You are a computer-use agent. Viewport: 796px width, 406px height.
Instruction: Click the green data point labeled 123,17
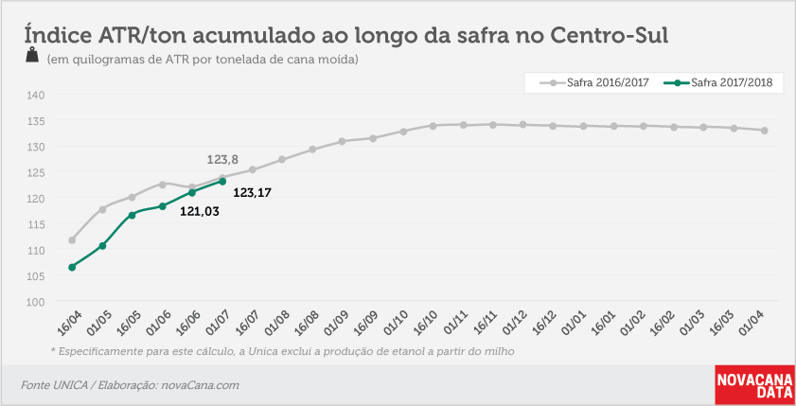[x=222, y=181]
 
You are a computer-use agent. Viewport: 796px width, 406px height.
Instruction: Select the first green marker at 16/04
[x=72, y=267]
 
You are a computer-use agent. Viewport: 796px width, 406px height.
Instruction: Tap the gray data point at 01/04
[x=764, y=131]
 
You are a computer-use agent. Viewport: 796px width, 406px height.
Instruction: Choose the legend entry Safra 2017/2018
[x=718, y=82]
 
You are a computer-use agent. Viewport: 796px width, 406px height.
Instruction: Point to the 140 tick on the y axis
[x=36, y=95]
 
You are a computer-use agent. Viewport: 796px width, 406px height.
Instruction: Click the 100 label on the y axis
[x=36, y=302]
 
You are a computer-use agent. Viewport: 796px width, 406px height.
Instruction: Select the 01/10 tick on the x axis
[x=396, y=323]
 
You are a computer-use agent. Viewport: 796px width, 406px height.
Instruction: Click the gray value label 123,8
[x=222, y=160]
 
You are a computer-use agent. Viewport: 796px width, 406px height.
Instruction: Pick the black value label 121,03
[x=200, y=211]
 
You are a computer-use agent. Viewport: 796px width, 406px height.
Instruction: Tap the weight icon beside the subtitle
[x=32, y=55]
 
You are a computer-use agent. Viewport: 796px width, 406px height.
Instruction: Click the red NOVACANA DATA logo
[x=754, y=385]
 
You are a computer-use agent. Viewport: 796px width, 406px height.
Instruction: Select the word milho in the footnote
[x=500, y=351]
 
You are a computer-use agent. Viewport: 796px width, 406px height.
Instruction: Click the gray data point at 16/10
[x=433, y=126]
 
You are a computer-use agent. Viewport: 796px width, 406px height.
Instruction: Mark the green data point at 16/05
[x=132, y=215]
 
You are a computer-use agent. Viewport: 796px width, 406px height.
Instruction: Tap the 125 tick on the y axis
[x=36, y=172]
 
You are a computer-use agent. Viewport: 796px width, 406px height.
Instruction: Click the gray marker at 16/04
[x=72, y=240]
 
